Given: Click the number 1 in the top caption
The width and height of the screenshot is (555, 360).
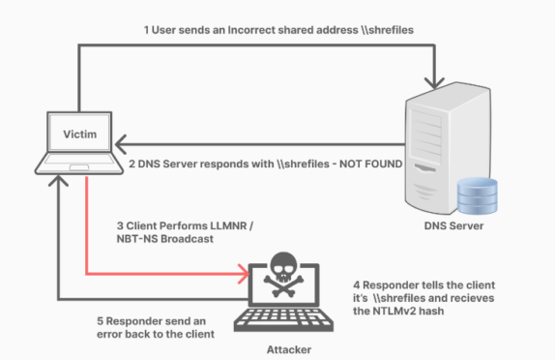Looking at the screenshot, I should click(x=146, y=29).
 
